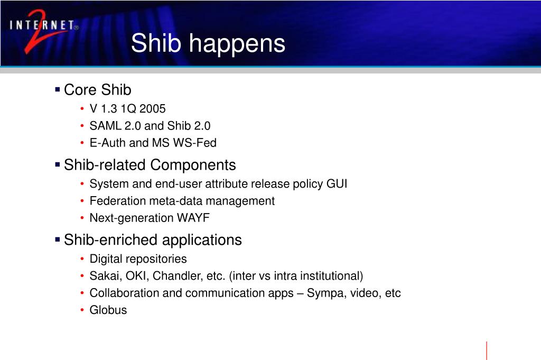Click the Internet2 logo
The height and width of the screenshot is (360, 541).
pos(44,31)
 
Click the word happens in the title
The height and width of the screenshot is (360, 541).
pos(237,44)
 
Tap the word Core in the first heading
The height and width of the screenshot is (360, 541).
pos(80,90)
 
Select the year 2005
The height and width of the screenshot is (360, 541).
pos(153,109)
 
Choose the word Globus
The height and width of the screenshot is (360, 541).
pos(108,310)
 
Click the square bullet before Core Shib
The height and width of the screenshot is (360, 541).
pos(57,90)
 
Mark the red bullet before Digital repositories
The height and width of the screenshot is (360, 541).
pos(82,259)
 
